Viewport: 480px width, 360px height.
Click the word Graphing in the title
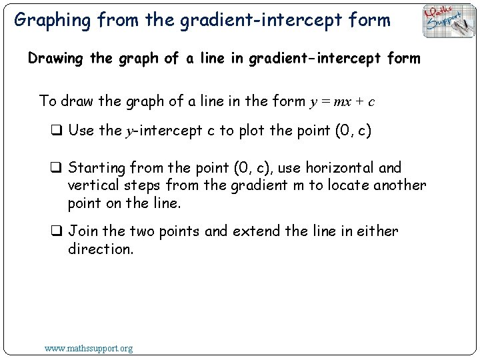(x=52, y=20)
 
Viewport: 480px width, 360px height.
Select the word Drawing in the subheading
(x=54, y=59)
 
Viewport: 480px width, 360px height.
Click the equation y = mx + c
(x=342, y=102)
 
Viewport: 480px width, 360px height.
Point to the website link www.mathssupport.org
(x=88, y=348)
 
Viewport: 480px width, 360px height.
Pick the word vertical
(x=93, y=185)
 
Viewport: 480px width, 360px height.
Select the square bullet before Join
(x=56, y=232)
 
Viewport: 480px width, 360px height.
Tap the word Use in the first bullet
(x=81, y=131)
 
